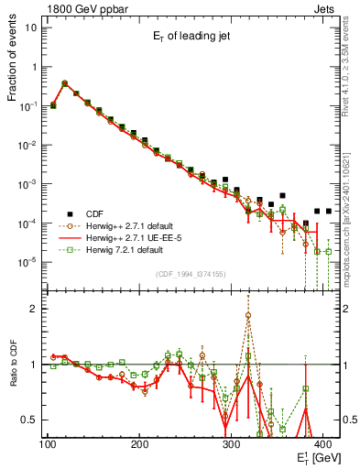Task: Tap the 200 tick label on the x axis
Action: point(140,444)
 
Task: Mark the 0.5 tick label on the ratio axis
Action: point(30,420)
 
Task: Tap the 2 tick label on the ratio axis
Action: point(35,309)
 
